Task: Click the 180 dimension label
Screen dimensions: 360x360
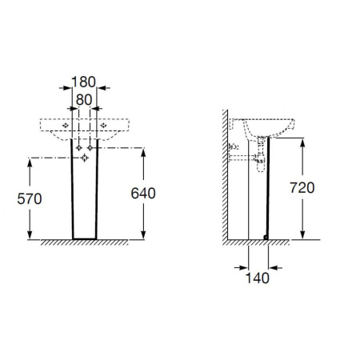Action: pos(83,82)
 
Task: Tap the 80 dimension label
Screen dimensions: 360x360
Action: pos(84,100)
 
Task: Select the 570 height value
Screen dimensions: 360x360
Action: pos(30,199)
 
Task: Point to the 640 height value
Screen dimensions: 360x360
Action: pos(143,194)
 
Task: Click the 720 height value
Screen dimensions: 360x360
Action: pos(302,188)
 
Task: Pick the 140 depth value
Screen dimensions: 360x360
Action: pos(258,278)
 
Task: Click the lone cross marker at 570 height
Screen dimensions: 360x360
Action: pos(85,158)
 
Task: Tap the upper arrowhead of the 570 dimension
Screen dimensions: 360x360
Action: pos(30,163)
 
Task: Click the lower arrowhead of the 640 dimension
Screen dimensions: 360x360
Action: pos(143,234)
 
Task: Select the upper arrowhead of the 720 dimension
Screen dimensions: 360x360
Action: pos(302,143)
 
